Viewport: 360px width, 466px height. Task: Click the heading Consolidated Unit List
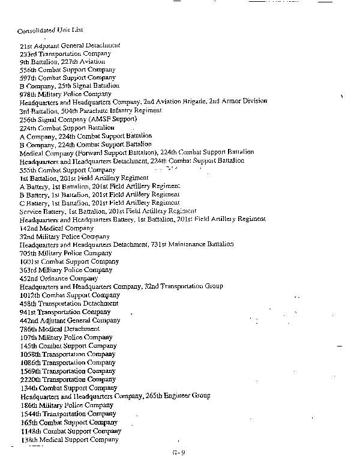tap(50, 29)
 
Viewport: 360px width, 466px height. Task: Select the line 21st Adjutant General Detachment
tap(70, 45)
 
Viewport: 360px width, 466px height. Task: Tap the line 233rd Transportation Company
tap(65, 53)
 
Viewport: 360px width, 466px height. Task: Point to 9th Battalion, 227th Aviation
tap(62, 61)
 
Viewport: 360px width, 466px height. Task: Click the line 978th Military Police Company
tap(65, 94)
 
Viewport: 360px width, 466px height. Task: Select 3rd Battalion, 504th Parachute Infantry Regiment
tap(90, 110)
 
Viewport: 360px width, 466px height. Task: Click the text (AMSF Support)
tap(113, 119)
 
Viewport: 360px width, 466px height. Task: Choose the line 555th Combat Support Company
tap(67, 170)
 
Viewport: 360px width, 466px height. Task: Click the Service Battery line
tap(108, 211)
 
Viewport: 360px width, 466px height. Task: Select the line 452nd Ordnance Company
tap(58, 278)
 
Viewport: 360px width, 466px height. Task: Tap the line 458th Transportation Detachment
tap(68, 304)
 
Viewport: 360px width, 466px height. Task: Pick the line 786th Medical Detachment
tap(59, 329)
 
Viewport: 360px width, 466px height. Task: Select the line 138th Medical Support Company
tap(69, 440)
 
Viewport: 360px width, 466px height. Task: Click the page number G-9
tap(179, 453)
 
